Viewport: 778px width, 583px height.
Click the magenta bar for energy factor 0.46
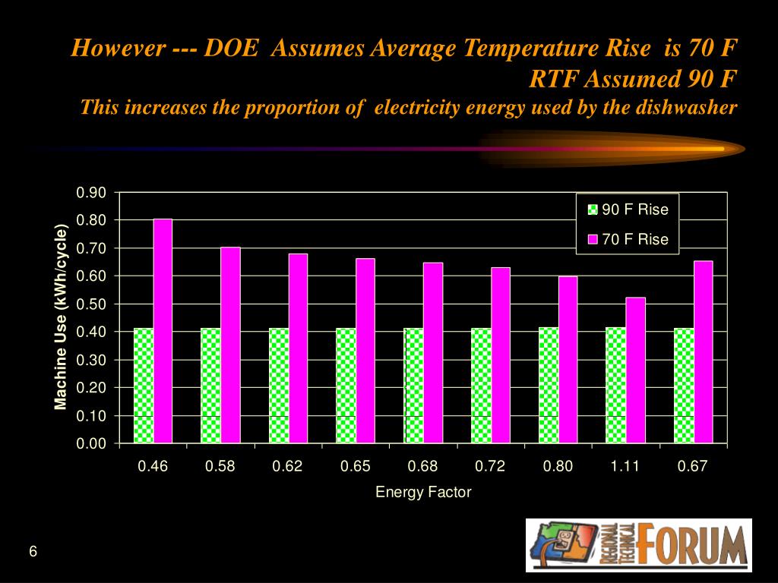tap(163, 331)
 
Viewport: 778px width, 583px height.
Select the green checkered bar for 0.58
tap(210, 386)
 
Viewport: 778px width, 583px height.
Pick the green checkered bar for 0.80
tap(549, 386)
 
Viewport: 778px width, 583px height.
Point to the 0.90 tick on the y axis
tap(91, 192)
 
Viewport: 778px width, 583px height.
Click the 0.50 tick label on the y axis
tap(91, 304)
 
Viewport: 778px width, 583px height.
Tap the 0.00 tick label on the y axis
tap(91, 443)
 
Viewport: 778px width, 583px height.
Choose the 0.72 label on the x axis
tap(490, 466)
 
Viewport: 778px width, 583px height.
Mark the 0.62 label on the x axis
tap(287, 466)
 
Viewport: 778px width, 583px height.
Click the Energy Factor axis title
tap(423, 492)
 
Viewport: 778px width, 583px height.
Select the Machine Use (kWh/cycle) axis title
tap(61, 317)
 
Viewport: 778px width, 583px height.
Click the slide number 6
tap(33, 551)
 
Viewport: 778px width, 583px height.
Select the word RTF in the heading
tap(554, 78)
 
